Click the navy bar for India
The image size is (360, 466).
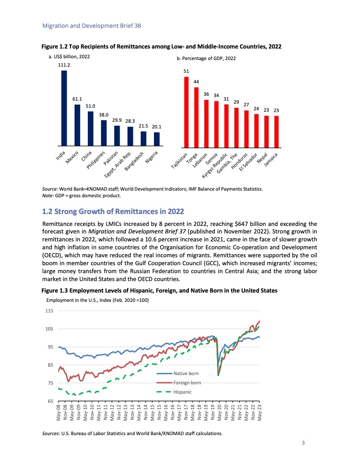coord(64,108)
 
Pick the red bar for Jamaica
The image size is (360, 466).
coord(277,131)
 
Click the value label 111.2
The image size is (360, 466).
coord(64,65)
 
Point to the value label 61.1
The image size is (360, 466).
coord(77,99)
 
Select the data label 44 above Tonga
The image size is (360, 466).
coord(196,82)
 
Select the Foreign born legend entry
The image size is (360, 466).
coord(187,383)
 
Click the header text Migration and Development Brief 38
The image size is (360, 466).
coord(91,26)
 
